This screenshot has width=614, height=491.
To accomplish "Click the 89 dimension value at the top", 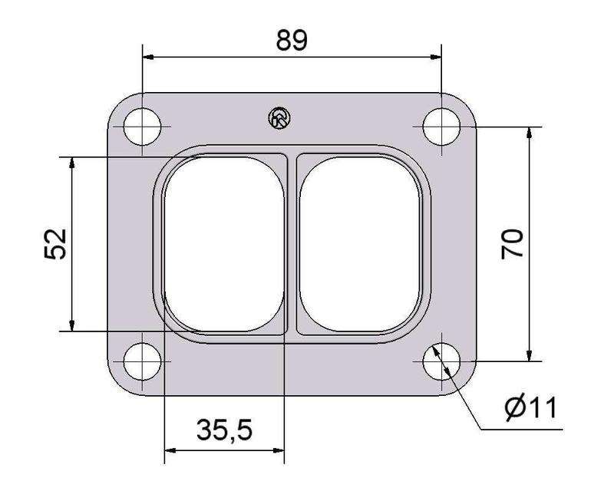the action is pos(292,41).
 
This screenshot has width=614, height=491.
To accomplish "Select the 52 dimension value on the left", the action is pos(55,244).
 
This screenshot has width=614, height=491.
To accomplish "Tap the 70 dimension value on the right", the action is pos(512,243).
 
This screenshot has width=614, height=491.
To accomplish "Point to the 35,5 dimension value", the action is pos(224,430).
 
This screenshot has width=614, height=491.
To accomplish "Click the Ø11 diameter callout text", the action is pos(530,407).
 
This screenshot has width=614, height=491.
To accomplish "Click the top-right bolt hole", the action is pos(442,127).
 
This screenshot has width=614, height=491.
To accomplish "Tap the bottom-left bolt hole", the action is pos(142,361).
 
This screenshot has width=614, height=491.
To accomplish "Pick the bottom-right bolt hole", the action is pos(442,361).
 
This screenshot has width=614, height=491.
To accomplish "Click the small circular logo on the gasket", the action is pos(279,118).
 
